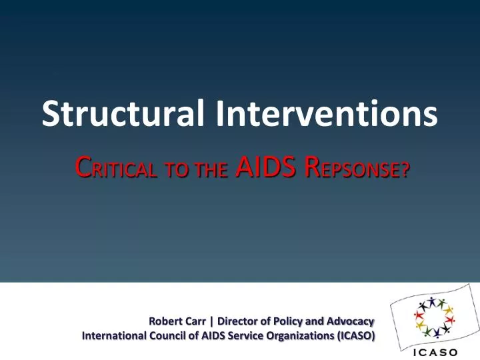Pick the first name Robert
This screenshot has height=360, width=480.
click(x=166, y=321)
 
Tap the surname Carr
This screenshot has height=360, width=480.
click(x=197, y=321)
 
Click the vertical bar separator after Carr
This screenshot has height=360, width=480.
click(x=212, y=321)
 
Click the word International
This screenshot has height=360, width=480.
click(x=111, y=336)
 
